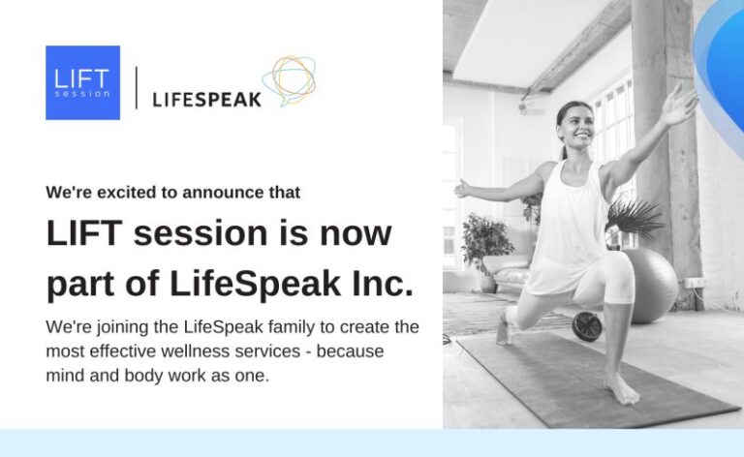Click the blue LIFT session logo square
82,82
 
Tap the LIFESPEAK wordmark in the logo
207,99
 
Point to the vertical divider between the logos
136,86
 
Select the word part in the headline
82,285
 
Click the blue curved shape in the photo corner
722,68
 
